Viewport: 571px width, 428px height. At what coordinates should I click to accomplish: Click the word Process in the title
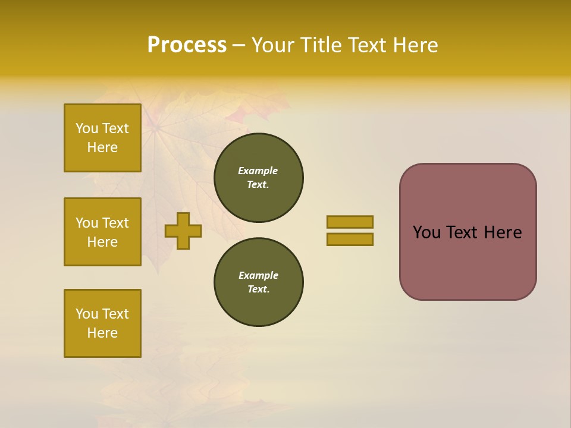pyautogui.click(x=187, y=45)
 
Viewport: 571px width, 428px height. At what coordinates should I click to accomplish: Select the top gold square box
pyautogui.click(x=102, y=138)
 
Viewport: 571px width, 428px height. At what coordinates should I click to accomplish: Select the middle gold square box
pyautogui.click(x=102, y=232)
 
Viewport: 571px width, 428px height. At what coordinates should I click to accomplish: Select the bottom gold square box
pyautogui.click(x=102, y=323)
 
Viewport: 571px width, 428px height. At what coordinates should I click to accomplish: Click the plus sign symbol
pyautogui.click(x=183, y=231)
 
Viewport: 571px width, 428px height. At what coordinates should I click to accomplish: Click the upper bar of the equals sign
pyautogui.click(x=350, y=222)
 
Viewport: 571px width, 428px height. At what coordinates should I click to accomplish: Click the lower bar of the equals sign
pyautogui.click(x=350, y=239)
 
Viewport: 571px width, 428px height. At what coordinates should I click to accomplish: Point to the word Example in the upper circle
pyautogui.click(x=258, y=171)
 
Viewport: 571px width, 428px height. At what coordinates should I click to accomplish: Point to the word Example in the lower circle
pyautogui.click(x=258, y=275)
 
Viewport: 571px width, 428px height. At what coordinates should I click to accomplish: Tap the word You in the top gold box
pyautogui.click(x=86, y=128)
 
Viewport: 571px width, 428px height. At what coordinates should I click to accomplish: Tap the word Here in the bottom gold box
pyautogui.click(x=102, y=333)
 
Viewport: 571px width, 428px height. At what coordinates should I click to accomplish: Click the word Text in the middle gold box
pyautogui.click(x=115, y=223)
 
